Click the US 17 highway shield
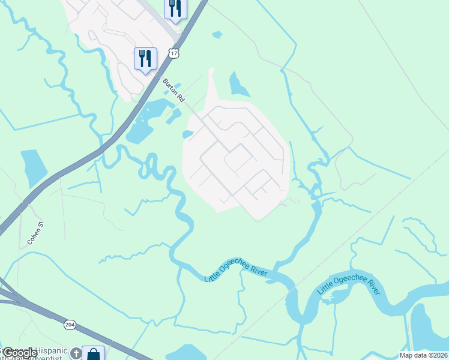pos(174,54)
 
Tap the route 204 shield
pos(70,325)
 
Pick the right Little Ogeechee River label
pos(349,286)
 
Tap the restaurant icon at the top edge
pos(175,8)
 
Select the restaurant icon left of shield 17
pos(145,58)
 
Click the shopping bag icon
pos(94,354)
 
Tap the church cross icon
pos(76,353)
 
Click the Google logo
pos(19,353)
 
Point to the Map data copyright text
pos(423,355)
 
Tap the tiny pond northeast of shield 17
pos(217,35)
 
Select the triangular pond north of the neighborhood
pos(238,86)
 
